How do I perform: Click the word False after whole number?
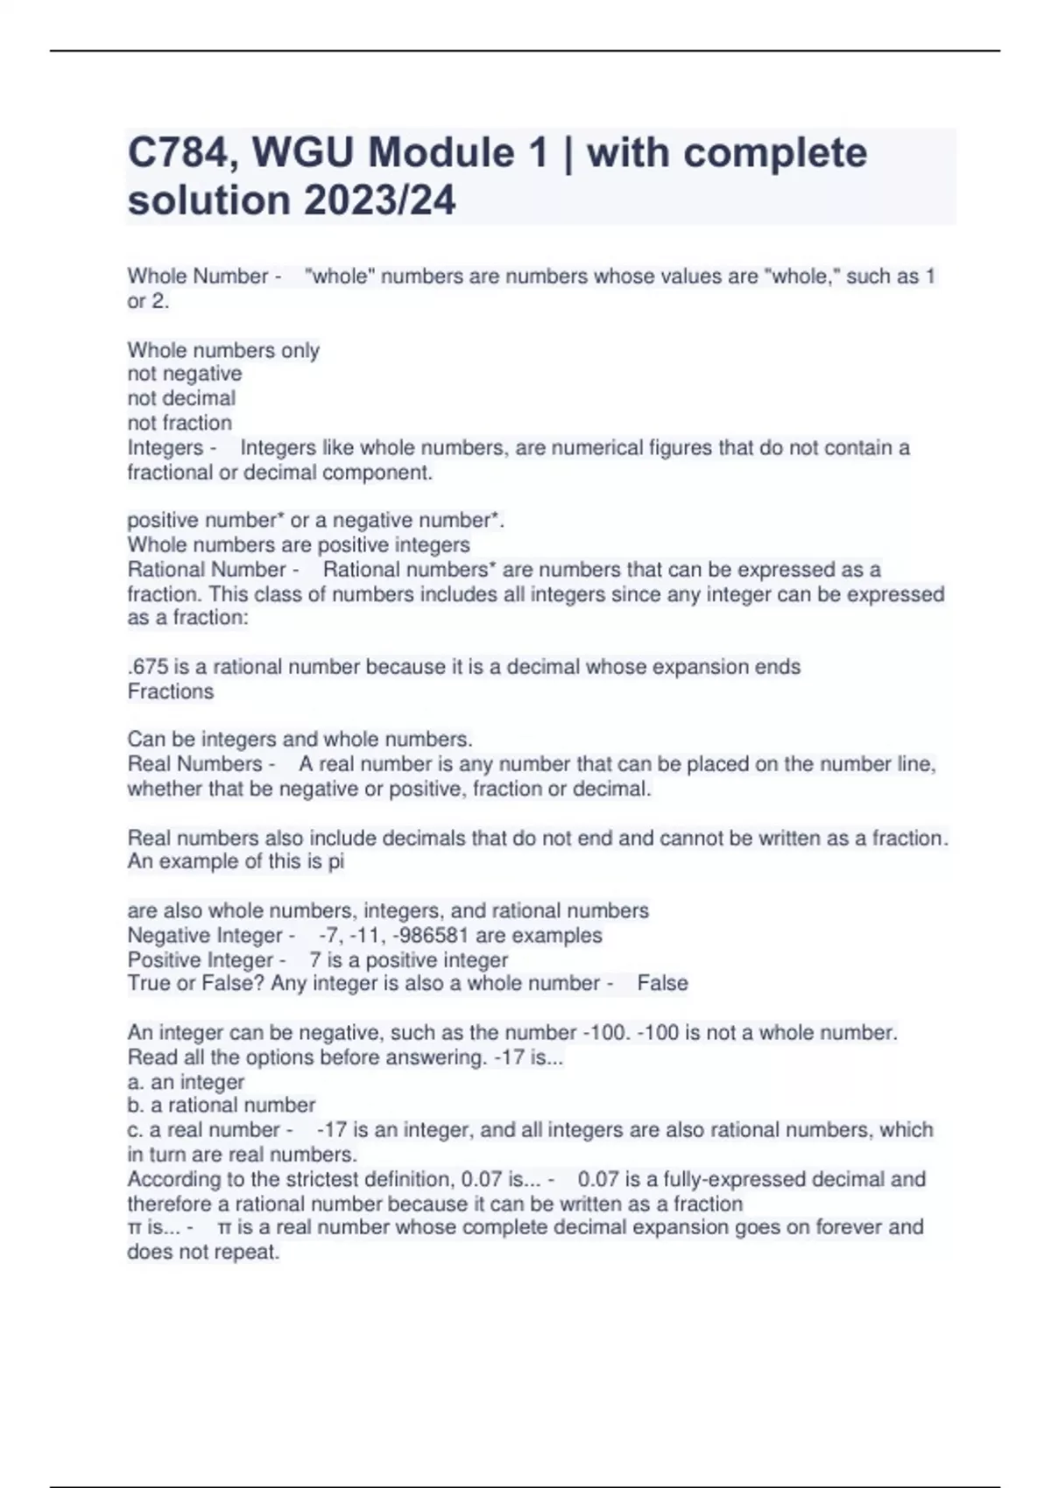(x=662, y=984)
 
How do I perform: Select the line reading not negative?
(x=185, y=374)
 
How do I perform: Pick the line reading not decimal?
(x=181, y=398)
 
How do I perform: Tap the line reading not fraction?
(x=180, y=423)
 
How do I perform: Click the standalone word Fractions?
(x=171, y=691)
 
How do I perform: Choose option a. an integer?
(x=186, y=1082)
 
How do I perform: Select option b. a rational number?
(x=222, y=1105)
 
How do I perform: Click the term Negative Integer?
(x=205, y=936)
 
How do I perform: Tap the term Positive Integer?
(x=201, y=960)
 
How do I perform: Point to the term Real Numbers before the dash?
(x=194, y=764)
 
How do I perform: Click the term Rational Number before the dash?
(x=207, y=570)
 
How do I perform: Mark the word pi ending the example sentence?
(x=335, y=861)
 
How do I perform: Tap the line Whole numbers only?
(x=223, y=350)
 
